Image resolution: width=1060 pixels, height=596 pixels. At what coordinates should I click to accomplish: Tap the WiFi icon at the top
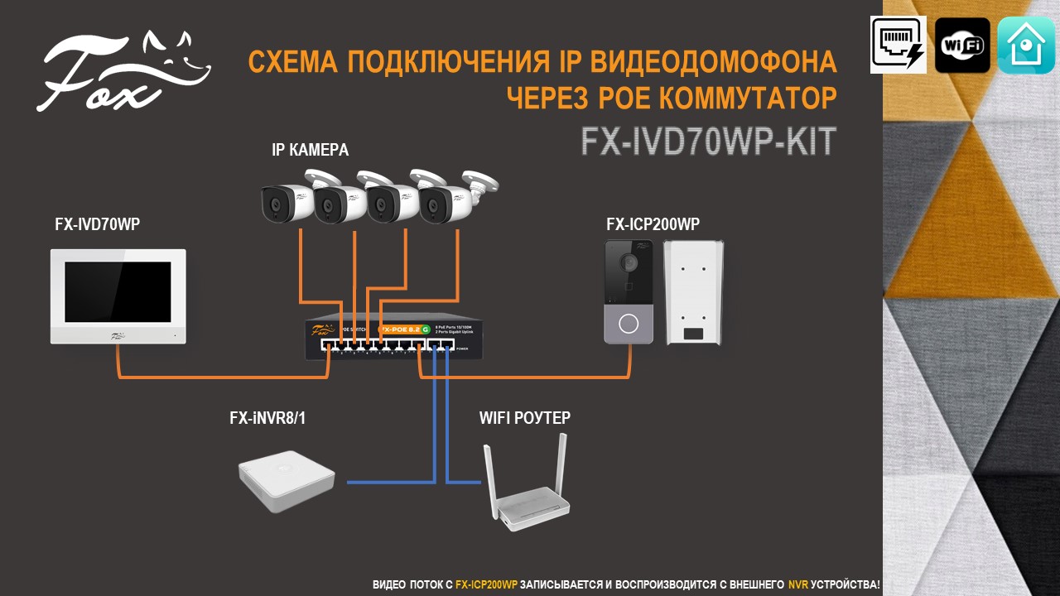(962, 45)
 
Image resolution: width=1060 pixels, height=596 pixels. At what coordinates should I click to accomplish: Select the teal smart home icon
(1026, 45)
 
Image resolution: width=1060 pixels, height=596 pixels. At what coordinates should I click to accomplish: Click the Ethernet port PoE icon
(899, 45)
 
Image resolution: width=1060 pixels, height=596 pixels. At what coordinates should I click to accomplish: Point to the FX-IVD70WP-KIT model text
(708, 142)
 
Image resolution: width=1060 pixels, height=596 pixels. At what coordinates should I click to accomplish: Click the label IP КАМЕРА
(311, 150)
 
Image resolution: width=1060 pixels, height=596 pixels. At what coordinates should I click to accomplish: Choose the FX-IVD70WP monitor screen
(118, 291)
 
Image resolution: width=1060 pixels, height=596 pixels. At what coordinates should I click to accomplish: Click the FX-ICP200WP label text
(653, 224)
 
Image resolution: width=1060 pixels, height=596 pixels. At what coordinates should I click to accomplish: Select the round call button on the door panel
(629, 323)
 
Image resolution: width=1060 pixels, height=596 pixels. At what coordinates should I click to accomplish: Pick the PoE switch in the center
(394, 339)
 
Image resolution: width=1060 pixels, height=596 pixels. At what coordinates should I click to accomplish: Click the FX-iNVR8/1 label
(267, 418)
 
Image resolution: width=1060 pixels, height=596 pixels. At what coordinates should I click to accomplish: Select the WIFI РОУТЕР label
(525, 418)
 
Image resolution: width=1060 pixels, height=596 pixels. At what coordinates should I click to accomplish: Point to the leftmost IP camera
(286, 201)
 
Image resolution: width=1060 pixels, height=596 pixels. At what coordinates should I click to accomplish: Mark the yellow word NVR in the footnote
(797, 584)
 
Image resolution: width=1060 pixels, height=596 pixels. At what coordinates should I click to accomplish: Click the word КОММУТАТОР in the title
(749, 99)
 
